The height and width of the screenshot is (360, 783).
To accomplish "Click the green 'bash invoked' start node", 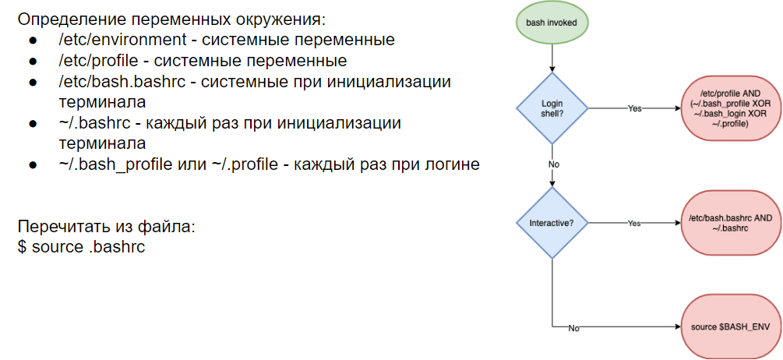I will pyautogui.click(x=552, y=23).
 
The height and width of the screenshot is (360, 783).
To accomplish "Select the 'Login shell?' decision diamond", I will pyautogui.click(x=552, y=108).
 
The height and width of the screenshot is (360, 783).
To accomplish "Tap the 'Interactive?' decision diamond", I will pyautogui.click(x=552, y=223).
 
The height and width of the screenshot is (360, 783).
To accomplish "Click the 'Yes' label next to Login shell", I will pyautogui.click(x=634, y=108).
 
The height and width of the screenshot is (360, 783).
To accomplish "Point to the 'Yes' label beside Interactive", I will pyautogui.click(x=634, y=223).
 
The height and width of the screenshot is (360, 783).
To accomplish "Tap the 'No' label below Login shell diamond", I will pyautogui.click(x=553, y=165).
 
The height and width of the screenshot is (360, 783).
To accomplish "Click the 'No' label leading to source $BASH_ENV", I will pyautogui.click(x=573, y=328).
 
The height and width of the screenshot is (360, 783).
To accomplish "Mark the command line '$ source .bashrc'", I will pyautogui.click(x=81, y=246).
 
